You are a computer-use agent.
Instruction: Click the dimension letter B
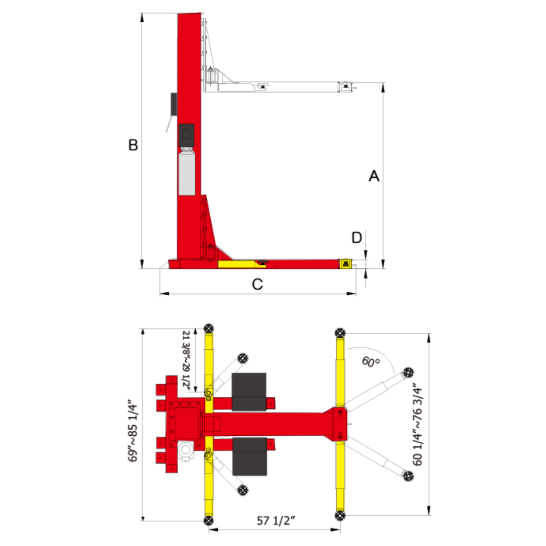[x=133, y=145]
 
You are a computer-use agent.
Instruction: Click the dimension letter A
[x=374, y=176]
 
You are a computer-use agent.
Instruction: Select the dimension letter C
[x=257, y=284]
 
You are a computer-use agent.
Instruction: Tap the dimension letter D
[x=356, y=238]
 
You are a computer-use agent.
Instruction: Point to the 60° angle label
[x=371, y=361]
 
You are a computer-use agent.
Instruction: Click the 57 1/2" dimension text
[x=276, y=521]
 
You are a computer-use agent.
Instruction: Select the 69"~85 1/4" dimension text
[x=132, y=430]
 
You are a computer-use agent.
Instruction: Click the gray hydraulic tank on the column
[x=187, y=172]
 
